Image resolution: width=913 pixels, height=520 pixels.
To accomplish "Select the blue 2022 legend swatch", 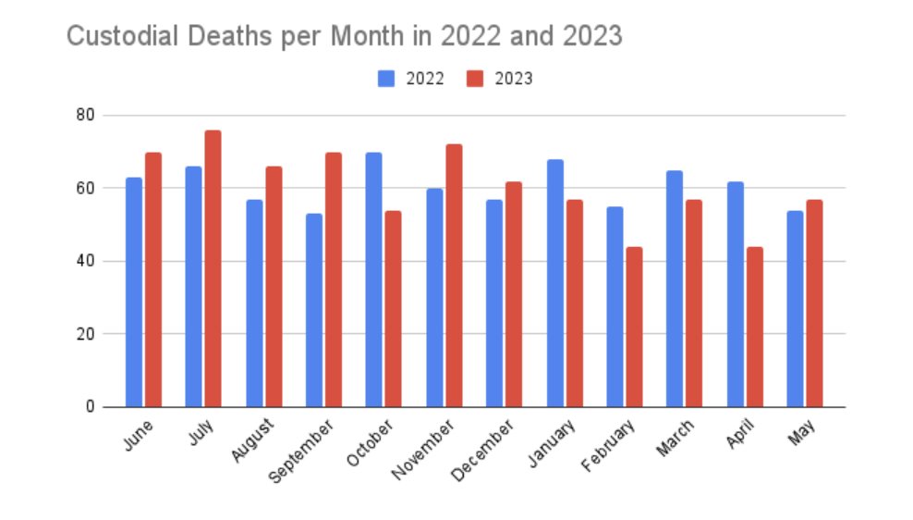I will click(x=386, y=79).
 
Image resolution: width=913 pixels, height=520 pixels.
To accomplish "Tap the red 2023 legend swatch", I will click(x=474, y=79).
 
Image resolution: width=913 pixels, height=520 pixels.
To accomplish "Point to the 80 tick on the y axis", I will click(x=87, y=116).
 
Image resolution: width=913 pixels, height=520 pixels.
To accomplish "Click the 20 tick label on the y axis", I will click(x=87, y=334).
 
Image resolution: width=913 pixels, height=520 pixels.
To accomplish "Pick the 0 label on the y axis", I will click(x=91, y=406).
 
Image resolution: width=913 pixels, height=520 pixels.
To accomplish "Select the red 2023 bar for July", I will click(x=213, y=268).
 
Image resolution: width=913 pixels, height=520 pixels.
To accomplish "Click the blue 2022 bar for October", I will click(x=373, y=279).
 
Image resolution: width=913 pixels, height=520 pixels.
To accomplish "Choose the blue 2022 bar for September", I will click(x=313, y=310).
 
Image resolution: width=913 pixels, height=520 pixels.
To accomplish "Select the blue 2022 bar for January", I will click(x=554, y=283).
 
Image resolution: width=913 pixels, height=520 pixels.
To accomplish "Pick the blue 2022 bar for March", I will click(x=675, y=289).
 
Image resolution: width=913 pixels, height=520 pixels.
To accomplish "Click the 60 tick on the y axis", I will click(x=87, y=188).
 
